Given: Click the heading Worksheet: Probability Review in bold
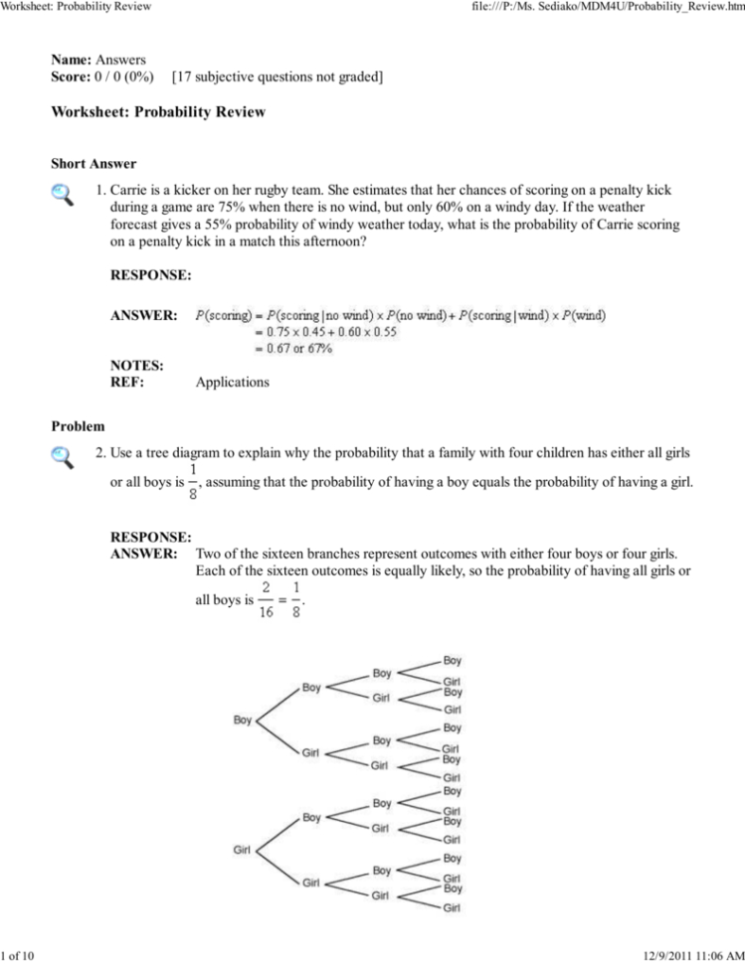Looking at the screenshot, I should click(158, 112).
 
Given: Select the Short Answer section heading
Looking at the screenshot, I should click(93, 164).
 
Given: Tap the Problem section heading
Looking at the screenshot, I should click(78, 426).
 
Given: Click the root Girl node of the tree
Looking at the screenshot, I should click(242, 850).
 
